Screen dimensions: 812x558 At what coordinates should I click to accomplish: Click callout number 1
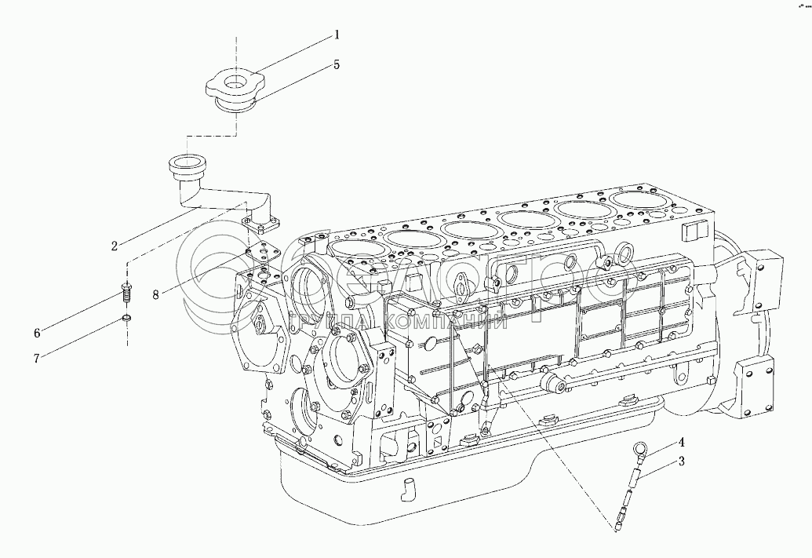pos(337,35)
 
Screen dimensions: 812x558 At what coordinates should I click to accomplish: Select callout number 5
pos(337,65)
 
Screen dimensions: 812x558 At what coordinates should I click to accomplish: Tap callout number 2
pos(114,246)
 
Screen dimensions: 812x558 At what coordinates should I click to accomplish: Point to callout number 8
pos(155,294)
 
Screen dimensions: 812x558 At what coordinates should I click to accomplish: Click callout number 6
pos(36,334)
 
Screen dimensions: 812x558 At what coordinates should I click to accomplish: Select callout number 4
pos(682,442)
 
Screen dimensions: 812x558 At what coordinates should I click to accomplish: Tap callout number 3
pos(682,461)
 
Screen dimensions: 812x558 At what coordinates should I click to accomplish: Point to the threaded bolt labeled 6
pos(126,296)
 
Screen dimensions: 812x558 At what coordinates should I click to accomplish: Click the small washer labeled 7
pos(126,319)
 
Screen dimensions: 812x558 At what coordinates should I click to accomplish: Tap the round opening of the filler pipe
pos(187,166)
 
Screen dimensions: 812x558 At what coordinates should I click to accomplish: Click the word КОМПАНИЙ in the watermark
pos(455,321)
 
